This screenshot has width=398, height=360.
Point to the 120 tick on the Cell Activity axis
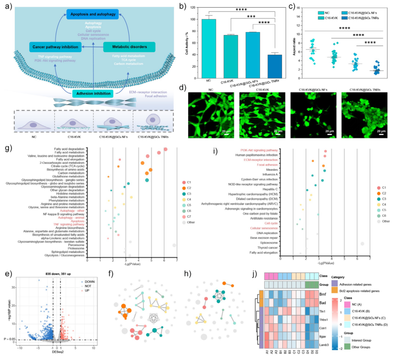click(195, 8)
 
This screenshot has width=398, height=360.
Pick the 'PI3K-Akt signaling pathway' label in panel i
click(259, 150)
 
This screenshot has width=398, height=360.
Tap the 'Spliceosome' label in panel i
click(268, 243)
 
